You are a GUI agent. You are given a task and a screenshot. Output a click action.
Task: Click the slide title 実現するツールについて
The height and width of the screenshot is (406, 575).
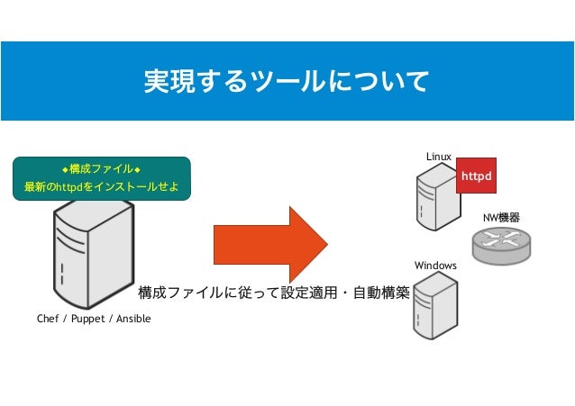point(287,82)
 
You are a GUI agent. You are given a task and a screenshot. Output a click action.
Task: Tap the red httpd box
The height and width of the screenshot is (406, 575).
point(476,176)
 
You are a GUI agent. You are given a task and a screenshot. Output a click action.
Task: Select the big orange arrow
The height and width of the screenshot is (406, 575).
point(270,243)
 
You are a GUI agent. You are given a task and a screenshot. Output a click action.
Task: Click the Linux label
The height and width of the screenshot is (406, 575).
point(439,157)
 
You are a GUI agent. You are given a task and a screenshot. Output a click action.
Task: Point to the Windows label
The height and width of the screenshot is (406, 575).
point(435,266)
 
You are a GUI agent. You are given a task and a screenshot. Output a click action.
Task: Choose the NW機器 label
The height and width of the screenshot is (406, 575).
point(502,218)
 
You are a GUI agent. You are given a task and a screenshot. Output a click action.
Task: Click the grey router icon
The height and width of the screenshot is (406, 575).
point(501,244)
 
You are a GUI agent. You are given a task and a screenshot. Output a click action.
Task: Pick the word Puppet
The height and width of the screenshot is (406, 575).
point(88,320)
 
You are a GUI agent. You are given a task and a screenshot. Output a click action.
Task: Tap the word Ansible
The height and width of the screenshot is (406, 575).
point(134,320)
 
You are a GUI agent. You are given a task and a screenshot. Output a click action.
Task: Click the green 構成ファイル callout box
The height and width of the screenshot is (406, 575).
point(101,177)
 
